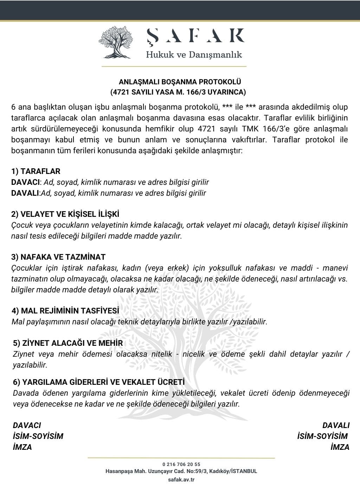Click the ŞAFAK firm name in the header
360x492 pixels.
click(x=195, y=35)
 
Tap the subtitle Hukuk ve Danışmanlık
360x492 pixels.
click(x=194, y=55)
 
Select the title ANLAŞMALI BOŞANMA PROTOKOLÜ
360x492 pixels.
click(x=180, y=82)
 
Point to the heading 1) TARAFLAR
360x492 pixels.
click(x=36, y=171)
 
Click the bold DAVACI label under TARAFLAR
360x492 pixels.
click(x=26, y=182)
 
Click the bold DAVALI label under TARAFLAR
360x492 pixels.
click(x=25, y=193)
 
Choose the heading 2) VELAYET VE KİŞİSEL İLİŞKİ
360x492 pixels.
click(x=65, y=214)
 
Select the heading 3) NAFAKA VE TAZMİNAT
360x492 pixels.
click(x=58, y=257)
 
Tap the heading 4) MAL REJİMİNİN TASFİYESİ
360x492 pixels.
click(x=65, y=311)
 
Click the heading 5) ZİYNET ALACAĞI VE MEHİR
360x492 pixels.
click(x=68, y=343)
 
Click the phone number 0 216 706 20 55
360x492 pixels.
click(x=181, y=464)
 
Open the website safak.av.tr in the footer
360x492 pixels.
click(x=181, y=479)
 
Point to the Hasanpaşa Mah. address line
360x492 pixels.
click(x=181, y=471)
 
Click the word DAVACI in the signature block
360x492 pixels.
click(x=27, y=425)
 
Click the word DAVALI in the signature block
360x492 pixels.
click(x=336, y=425)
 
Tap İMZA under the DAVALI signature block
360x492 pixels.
click(x=340, y=447)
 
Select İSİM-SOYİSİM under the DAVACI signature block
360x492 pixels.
click(x=38, y=436)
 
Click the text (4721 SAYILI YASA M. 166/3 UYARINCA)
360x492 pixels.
click(x=178, y=92)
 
